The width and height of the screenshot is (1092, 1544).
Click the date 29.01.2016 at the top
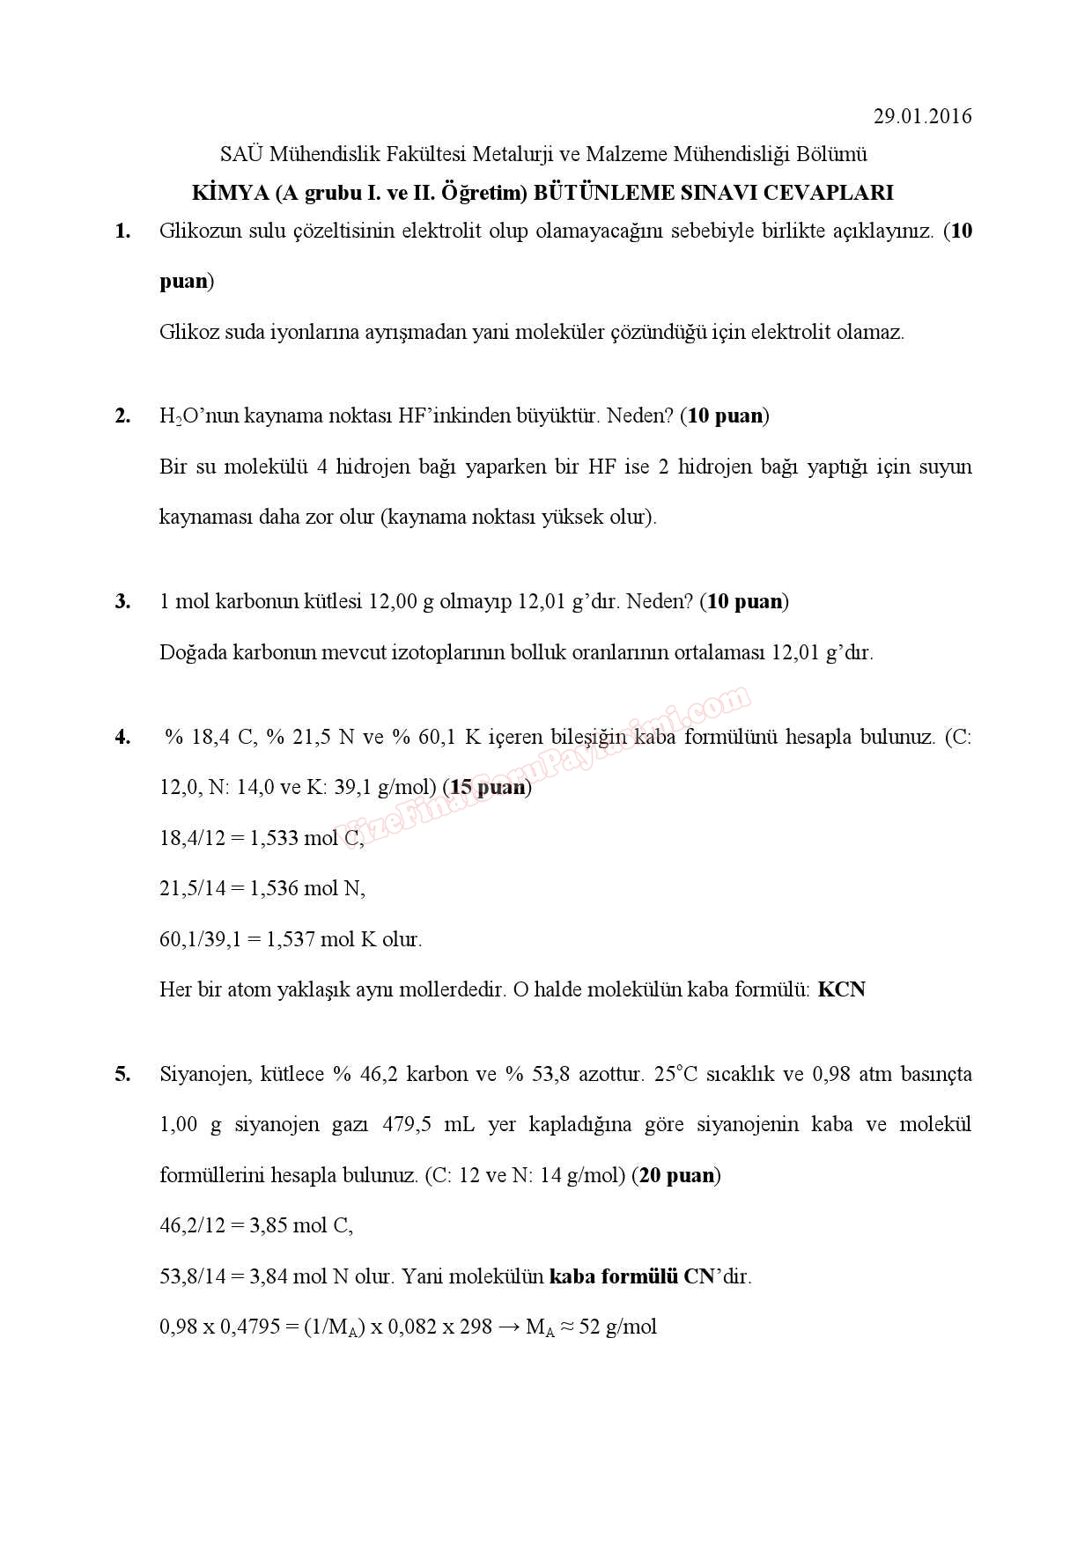922,116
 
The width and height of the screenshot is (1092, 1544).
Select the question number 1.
122,232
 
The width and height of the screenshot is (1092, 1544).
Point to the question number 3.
122,601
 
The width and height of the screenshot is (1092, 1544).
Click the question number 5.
122,1074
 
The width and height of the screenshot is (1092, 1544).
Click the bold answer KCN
841,989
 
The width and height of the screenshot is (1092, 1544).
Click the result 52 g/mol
617,1327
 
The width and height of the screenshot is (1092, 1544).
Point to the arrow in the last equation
509,1327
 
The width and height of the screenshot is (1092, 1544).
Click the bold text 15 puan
488,787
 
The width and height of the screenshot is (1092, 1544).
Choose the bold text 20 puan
676,1175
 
